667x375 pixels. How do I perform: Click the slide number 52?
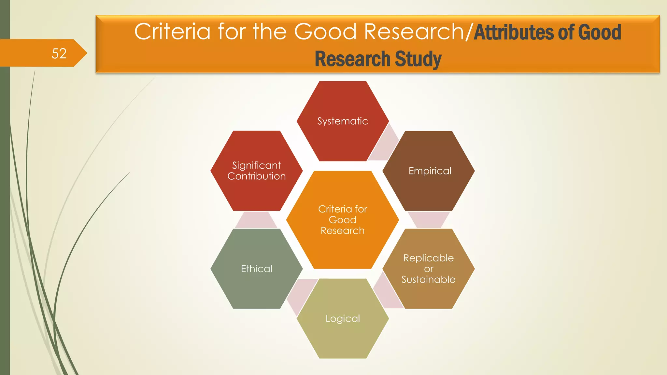[59, 53]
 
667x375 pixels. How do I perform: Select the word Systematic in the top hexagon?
[343, 121]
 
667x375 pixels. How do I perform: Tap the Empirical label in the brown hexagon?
[430, 171]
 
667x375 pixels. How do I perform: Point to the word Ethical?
[257, 269]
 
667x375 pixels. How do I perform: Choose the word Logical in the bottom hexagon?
[343, 318]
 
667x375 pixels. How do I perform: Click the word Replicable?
[428, 258]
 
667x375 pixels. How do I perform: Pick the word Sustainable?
[428, 280]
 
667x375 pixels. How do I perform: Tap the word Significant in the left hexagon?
[257, 165]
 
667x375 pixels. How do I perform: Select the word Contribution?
[257, 176]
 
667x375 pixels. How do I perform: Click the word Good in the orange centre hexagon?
[343, 220]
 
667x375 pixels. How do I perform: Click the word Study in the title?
[418, 59]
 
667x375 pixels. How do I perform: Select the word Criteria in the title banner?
[172, 32]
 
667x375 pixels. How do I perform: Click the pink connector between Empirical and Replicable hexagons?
[429, 219]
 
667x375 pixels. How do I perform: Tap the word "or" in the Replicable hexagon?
[429, 269]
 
